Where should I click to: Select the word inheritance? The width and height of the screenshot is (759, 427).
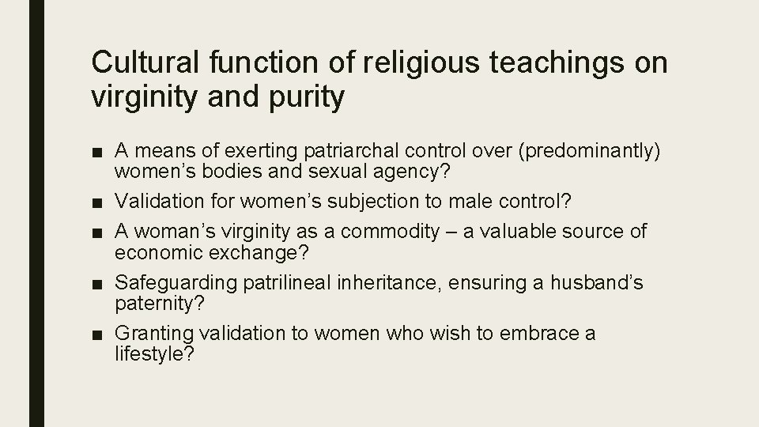point(372,283)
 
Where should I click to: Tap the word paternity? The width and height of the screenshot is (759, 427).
point(150,304)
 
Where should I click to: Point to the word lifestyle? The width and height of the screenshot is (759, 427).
point(150,355)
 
